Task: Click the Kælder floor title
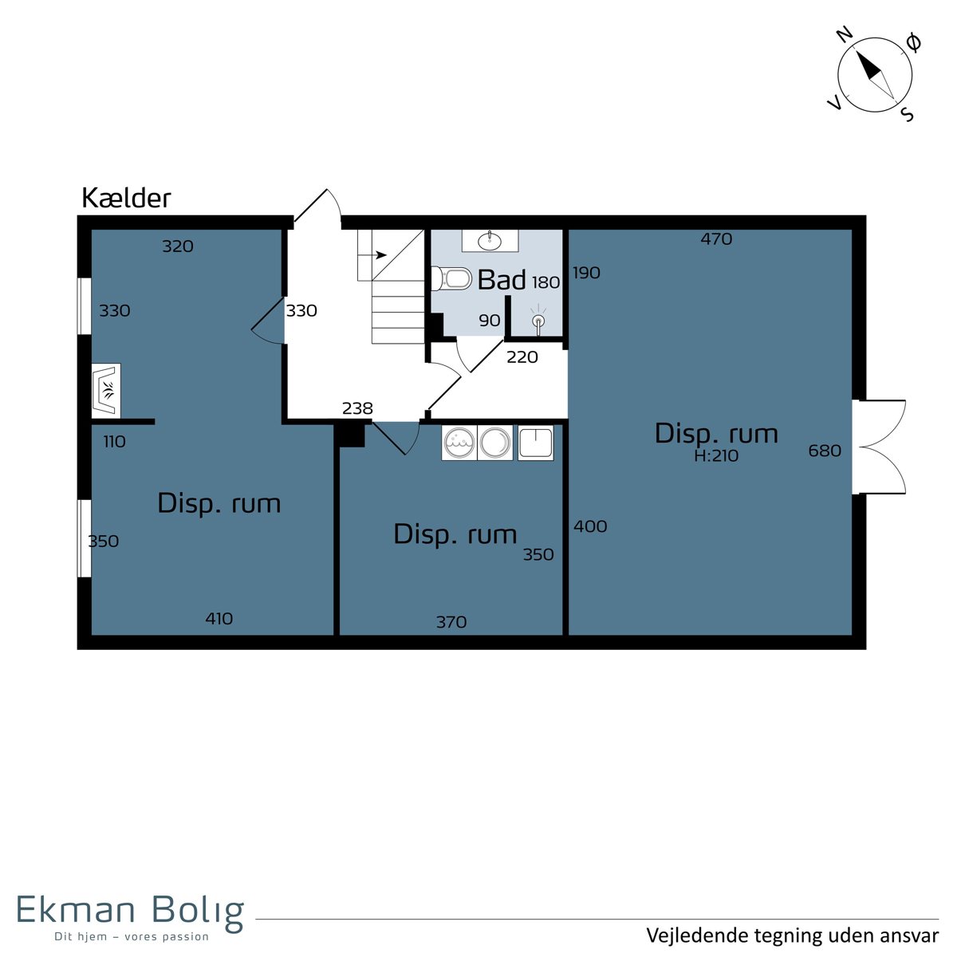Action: click(126, 198)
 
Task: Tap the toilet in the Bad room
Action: click(451, 279)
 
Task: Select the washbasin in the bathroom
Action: click(490, 241)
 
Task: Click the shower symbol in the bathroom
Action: click(538, 319)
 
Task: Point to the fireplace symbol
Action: click(106, 390)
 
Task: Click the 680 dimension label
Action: click(825, 451)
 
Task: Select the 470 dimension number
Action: click(716, 239)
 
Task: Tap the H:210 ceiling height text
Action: click(716, 456)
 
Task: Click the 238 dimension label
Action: click(357, 408)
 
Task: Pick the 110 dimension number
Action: click(114, 442)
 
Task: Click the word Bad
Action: click(501, 280)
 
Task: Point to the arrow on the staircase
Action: click(372, 255)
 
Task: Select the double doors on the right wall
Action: click(880, 447)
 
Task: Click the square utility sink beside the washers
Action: click(535, 443)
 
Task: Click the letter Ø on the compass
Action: click(913, 43)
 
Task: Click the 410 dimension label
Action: click(219, 619)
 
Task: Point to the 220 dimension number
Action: click(522, 357)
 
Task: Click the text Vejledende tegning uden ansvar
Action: click(792, 935)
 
